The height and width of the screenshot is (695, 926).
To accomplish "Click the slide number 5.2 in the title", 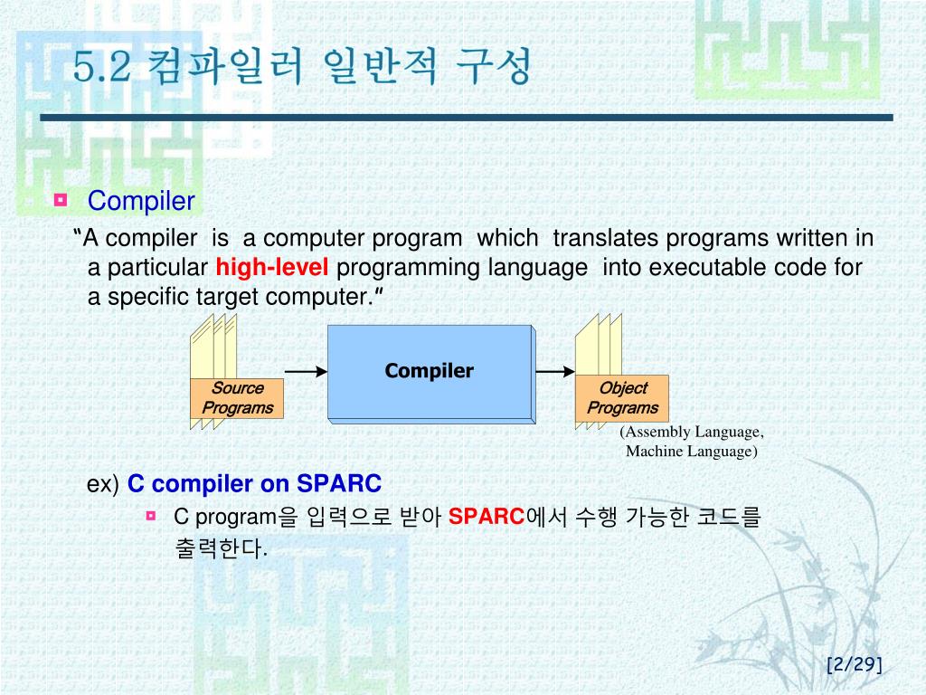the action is coord(101,66).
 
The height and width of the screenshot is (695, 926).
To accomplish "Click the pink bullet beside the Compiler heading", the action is coord(61,200).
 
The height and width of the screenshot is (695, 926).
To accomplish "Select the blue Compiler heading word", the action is coord(141,201).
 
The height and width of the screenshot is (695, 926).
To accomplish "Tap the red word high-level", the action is coord(271,267).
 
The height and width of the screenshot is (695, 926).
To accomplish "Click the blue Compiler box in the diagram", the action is coord(430,372).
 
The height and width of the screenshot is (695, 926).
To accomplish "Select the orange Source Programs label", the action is coord(237,398).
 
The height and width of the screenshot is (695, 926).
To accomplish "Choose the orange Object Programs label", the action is coord(622,398).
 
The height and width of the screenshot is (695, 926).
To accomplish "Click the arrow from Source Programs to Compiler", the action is coord(306,371).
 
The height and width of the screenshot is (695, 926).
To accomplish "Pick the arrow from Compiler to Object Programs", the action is coord(555,371).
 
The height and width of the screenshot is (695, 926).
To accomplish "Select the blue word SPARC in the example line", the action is coord(339,483).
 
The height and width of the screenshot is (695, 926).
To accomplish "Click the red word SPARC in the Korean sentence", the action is coord(486,517).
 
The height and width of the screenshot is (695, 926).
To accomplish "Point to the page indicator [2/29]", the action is coord(855,664).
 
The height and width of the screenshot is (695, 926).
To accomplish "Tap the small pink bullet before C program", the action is coord(151,516).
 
